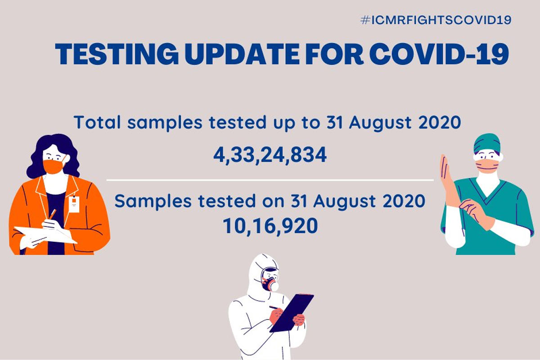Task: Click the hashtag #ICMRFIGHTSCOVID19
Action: (436, 20)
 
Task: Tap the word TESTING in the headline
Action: (117, 54)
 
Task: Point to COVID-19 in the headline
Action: (439, 54)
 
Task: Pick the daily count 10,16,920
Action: (270, 226)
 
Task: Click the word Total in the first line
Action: (97, 122)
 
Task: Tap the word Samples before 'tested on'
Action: (153, 201)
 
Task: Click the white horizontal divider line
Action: (270, 180)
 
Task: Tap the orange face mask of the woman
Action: (54, 166)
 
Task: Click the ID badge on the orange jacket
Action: (74, 204)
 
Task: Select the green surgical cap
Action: (487, 143)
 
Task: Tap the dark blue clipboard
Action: (292, 313)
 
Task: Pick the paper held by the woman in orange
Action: (46, 234)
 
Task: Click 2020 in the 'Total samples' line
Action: (440, 122)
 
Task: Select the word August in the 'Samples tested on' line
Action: (345, 202)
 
